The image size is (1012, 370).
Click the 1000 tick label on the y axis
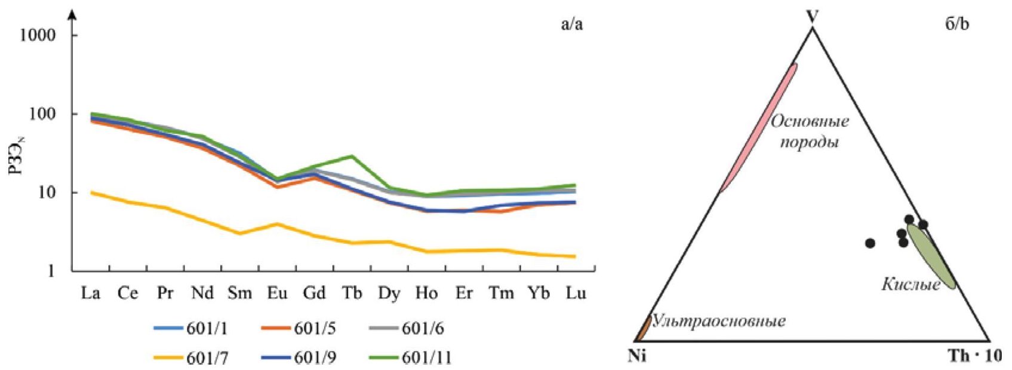pyautogui.click(x=38, y=35)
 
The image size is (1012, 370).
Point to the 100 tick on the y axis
pyautogui.click(x=43, y=114)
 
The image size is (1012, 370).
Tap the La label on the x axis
pyautogui.click(x=91, y=293)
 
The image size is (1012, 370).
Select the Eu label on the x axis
pyautogui.click(x=277, y=293)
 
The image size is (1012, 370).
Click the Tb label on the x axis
pyautogui.click(x=352, y=293)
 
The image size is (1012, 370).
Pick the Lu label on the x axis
pyautogui.click(x=576, y=293)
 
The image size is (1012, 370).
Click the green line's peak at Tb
pyautogui.click(x=352, y=156)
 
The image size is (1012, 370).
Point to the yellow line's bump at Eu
pyautogui.click(x=277, y=224)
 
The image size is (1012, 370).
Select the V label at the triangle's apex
pyautogui.click(x=812, y=16)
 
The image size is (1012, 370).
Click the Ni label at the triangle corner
pyautogui.click(x=637, y=356)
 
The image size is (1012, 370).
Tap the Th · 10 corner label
pyautogui.click(x=974, y=356)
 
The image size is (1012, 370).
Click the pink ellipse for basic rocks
pyautogui.click(x=758, y=128)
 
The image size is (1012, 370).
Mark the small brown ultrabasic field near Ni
pyautogui.click(x=644, y=328)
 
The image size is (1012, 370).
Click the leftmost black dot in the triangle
pyautogui.click(x=870, y=243)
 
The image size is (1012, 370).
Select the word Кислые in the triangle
pyautogui.click(x=911, y=285)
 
